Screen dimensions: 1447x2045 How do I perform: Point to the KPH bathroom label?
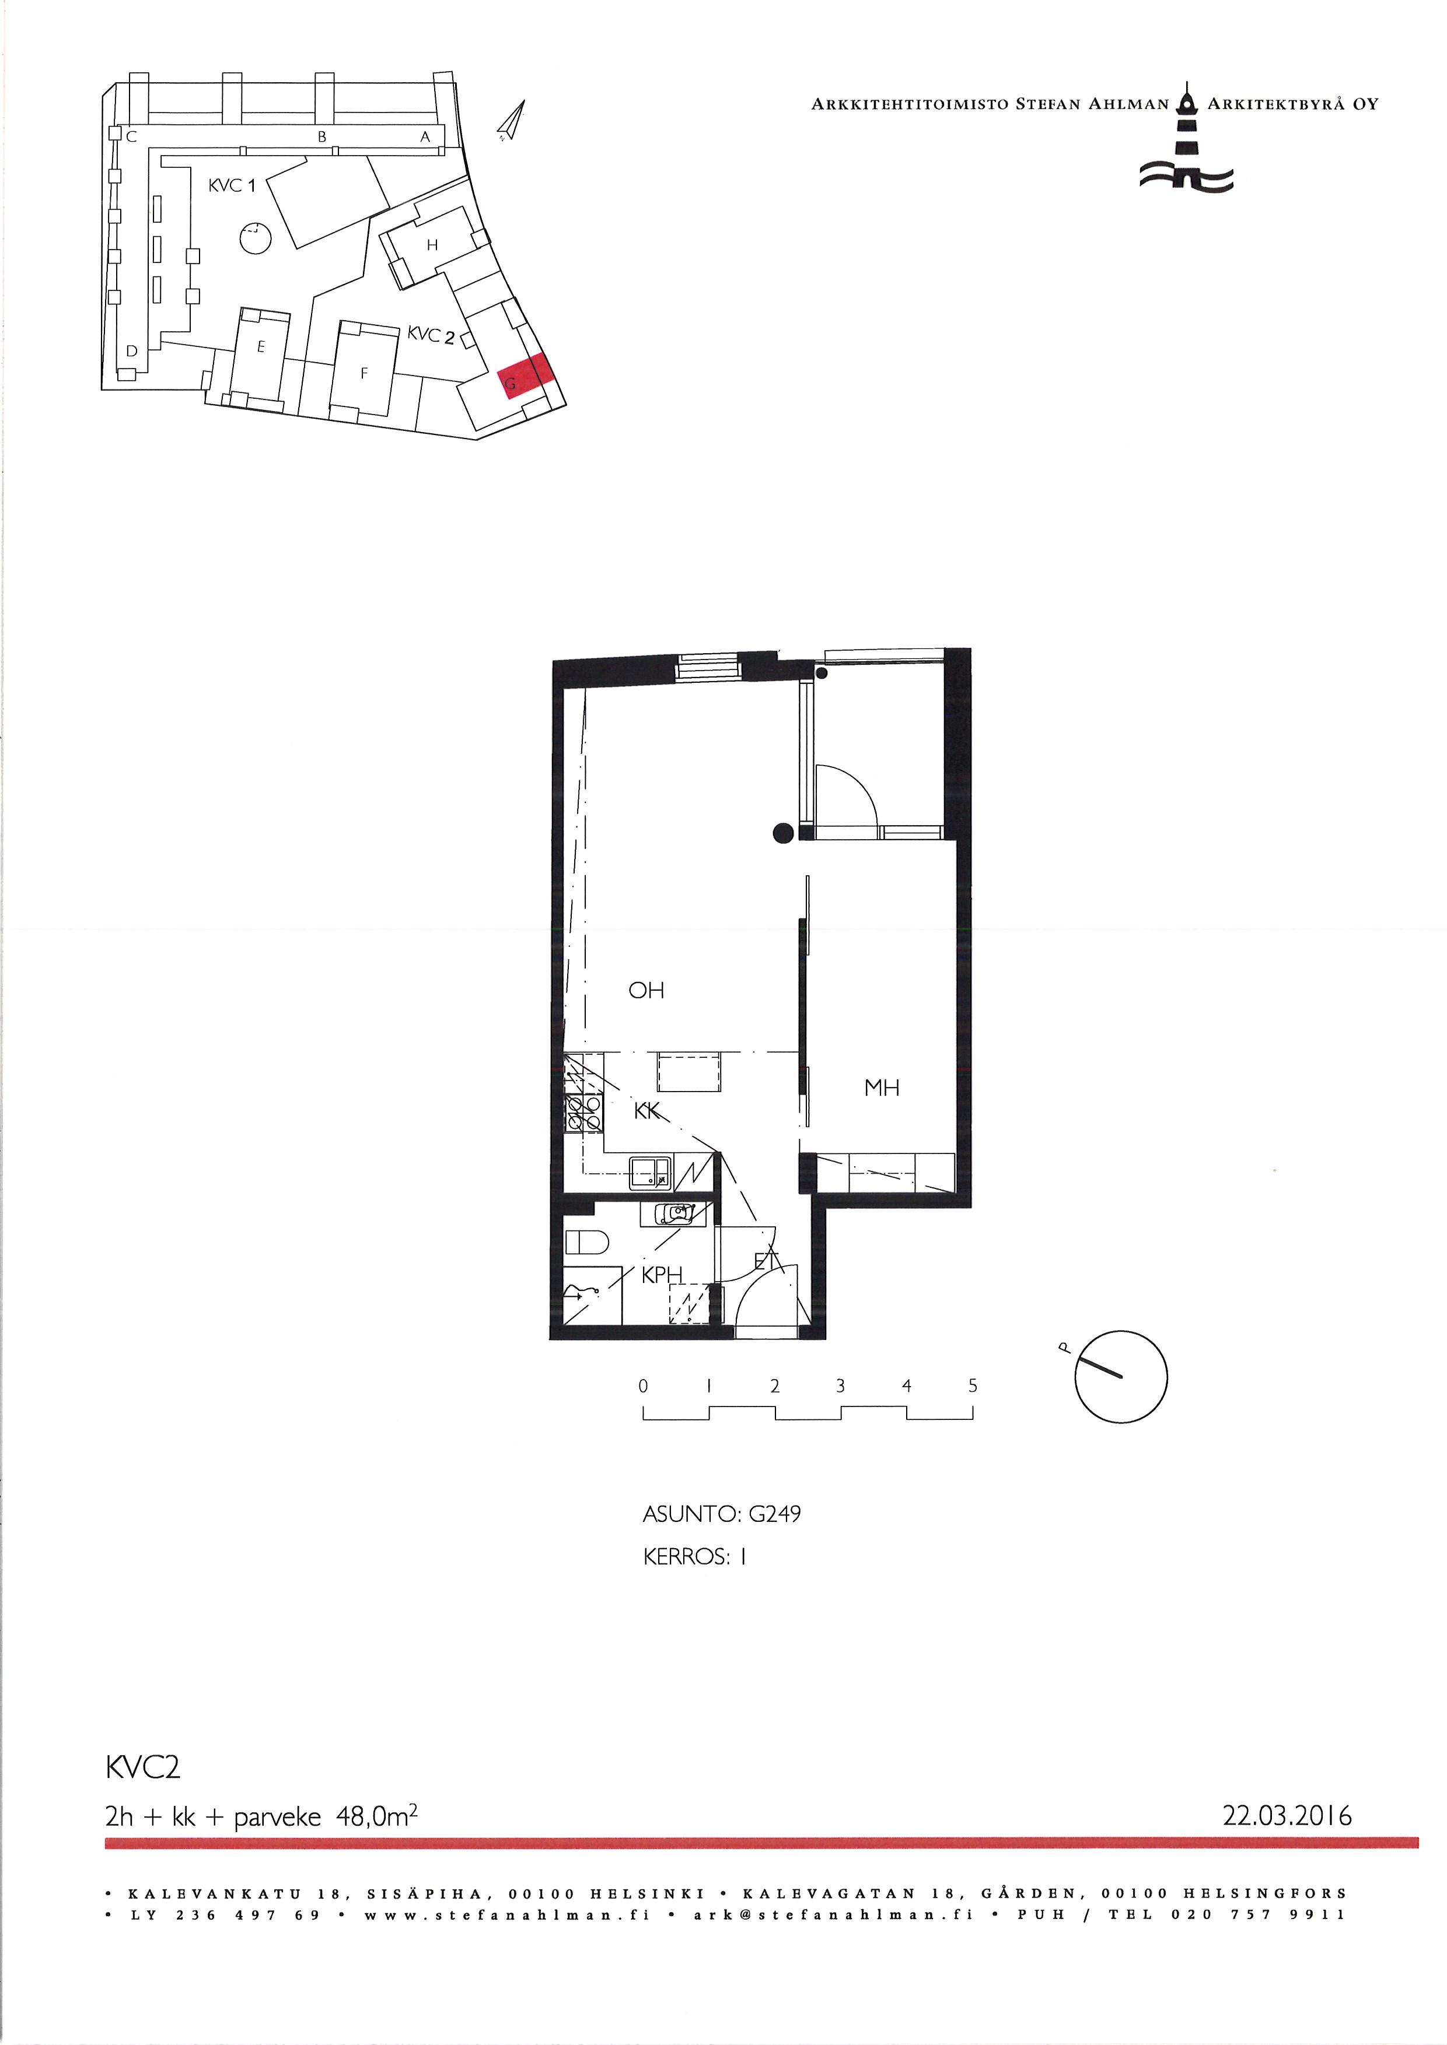pyautogui.click(x=662, y=1275)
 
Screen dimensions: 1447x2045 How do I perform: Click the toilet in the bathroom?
pyautogui.click(x=587, y=1241)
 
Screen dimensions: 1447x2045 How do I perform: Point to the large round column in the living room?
pyautogui.click(x=782, y=833)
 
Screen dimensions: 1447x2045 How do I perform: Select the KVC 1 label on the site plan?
pyautogui.click(x=232, y=185)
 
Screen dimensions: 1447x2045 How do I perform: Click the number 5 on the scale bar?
pyautogui.click(x=973, y=1386)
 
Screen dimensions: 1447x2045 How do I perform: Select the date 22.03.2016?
pyautogui.click(x=1287, y=1815)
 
